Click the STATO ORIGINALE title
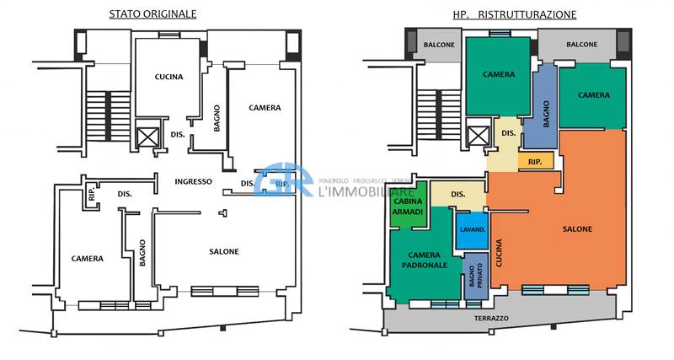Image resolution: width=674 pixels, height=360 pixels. click(x=153, y=14)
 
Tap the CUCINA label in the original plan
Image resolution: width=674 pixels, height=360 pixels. click(x=168, y=77)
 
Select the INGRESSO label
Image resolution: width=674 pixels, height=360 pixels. click(x=193, y=182)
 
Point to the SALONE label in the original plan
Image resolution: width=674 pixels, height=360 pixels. click(x=224, y=251)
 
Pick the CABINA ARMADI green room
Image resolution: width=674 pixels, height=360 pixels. click(x=408, y=206)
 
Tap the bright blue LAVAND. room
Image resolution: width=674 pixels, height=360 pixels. click(x=471, y=230)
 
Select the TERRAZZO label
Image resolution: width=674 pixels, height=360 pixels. click(x=490, y=318)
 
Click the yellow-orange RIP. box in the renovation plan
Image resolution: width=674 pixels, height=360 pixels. click(x=535, y=161)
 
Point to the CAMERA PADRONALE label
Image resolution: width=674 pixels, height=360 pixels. click(x=427, y=260)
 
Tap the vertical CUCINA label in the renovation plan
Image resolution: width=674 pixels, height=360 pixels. click(x=500, y=254)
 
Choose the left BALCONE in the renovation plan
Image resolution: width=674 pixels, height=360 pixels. click(x=438, y=45)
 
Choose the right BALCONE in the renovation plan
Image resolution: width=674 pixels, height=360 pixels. click(x=582, y=45)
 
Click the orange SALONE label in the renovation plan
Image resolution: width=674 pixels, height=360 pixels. click(x=577, y=228)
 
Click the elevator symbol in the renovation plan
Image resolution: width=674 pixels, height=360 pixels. click(x=478, y=137)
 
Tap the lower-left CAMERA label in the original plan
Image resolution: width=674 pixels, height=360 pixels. click(x=88, y=259)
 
